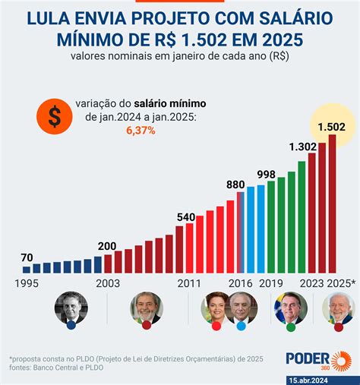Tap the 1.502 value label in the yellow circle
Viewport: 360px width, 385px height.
pyautogui.click(x=331, y=125)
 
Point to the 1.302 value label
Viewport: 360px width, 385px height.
pyautogui.click(x=303, y=147)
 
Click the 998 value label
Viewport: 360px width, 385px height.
pyautogui.click(x=266, y=175)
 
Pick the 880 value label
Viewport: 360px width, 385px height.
pyautogui.click(x=236, y=184)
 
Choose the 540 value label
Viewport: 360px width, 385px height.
pyautogui.click(x=186, y=216)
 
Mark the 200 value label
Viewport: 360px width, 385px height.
pyautogui.click(x=106, y=246)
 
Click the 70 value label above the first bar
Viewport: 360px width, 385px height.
pyautogui.click(x=27, y=258)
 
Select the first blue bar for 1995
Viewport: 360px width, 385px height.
pyautogui.click(x=27, y=269)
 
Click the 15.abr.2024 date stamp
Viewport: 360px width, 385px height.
pyautogui.click(x=319, y=378)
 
